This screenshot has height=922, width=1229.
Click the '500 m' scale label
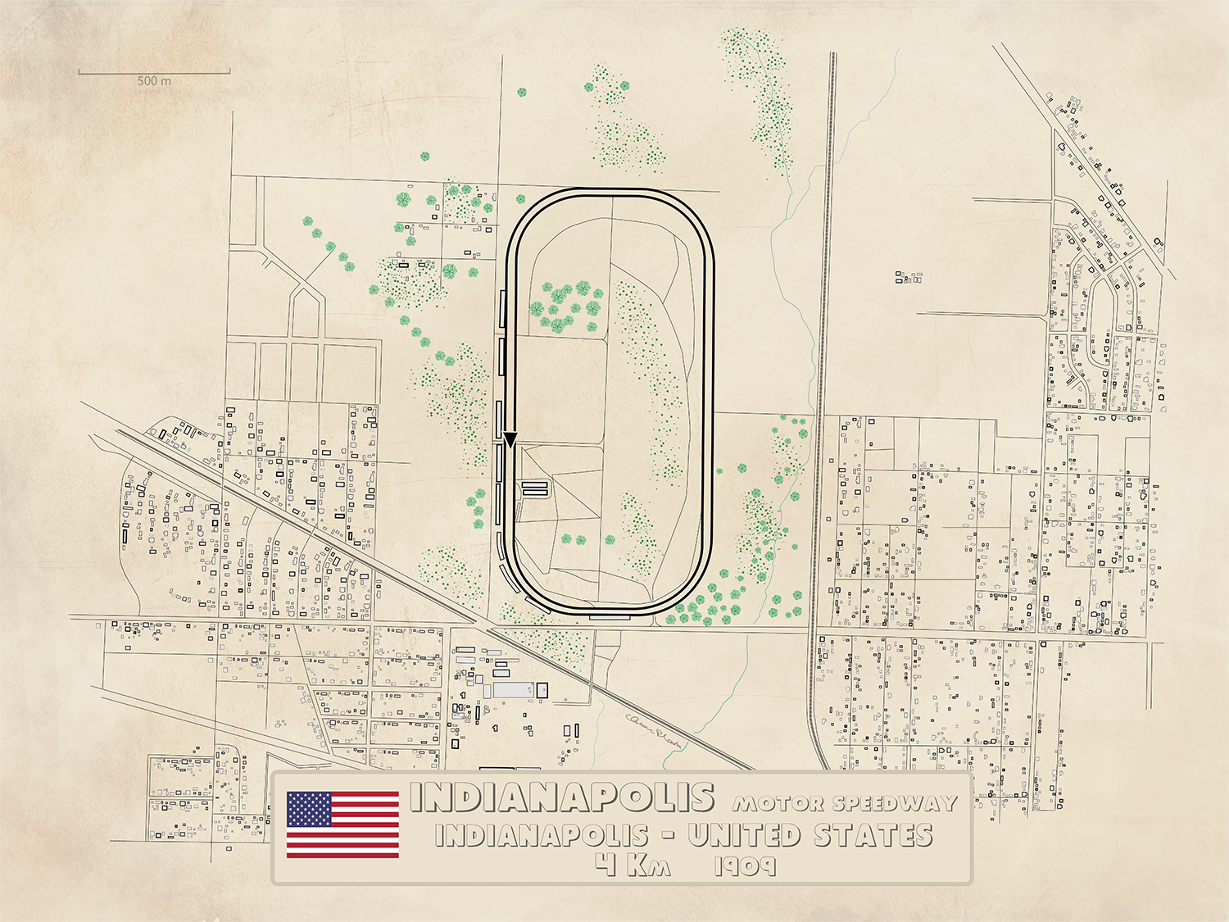(154, 81)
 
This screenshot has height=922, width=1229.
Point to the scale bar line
(154, 72)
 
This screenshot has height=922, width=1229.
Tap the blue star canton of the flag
(309, 809)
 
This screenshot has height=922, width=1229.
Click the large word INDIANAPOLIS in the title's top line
(561, 797)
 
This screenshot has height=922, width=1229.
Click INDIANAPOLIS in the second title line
(542, 836)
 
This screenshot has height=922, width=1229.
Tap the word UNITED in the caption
(743, 836)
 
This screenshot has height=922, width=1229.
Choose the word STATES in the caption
(873, 836)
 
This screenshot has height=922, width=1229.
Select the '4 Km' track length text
(633, 865)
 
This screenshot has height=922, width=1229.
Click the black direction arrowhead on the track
(510, 440)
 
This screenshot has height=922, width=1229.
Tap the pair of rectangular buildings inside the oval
(534, 488)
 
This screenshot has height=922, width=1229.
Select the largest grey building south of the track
(513, 690)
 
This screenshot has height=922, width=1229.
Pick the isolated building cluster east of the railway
(908, 278)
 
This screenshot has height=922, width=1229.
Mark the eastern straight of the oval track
(710, 402)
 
